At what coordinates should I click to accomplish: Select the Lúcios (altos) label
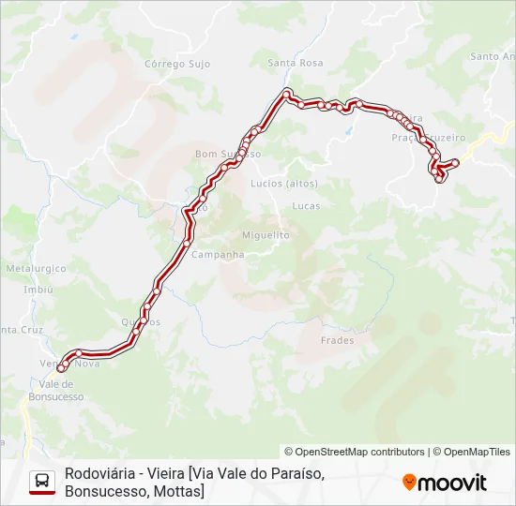[x=284, y=183]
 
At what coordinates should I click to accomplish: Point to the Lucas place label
[x=306, y=205]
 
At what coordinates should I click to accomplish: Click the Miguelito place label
[x=266, y=235]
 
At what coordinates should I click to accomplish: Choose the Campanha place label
[x=218, y=254]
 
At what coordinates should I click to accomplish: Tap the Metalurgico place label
[x=37, y=268]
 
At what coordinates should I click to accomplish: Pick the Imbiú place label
[x=38, y=290]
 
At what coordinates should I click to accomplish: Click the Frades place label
[x=337, y=340]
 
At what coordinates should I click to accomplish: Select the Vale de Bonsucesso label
[x=61, y=390]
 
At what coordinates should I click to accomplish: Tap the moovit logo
[x=445, y=483]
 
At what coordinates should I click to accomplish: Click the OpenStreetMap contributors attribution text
[x=355, y=452]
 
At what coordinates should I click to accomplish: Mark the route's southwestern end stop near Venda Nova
[x=61, y=368]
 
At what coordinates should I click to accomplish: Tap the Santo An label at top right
[x=492, y=56]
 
